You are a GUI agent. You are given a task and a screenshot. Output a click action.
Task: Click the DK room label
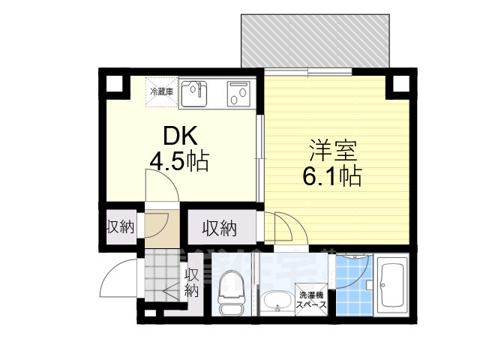click(180, 136)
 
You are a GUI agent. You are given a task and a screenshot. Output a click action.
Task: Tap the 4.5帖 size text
click(180, 160)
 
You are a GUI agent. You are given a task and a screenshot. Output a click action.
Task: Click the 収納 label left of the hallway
click(119, 226)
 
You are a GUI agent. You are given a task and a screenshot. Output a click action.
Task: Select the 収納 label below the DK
click(219, 226)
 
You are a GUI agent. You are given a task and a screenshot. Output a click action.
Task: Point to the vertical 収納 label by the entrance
click(192, 282)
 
